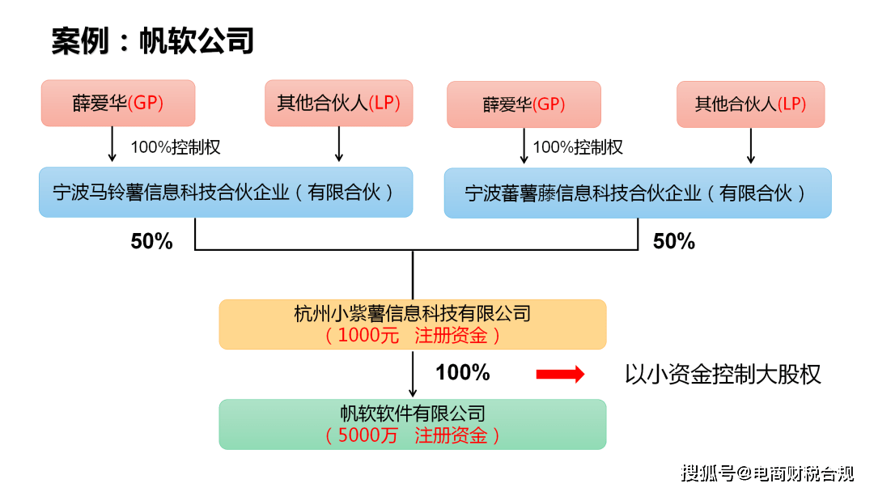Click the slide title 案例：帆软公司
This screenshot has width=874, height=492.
click(152, 40)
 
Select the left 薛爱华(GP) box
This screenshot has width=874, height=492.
click(118, 103)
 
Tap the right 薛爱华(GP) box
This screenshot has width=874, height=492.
click(524, 104)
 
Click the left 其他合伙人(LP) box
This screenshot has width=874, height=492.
click(338, 103)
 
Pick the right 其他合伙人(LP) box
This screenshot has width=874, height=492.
click(750, 104)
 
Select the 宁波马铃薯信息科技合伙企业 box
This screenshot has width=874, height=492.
click(225, 192)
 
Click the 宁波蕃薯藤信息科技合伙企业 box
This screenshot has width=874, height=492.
click(637, 193)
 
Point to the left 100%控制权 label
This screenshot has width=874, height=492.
click(176, 147)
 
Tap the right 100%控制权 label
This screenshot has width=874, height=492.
click(578, 147)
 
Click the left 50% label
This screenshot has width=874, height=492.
click(152, 241)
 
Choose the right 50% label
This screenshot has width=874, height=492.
click(673, 241)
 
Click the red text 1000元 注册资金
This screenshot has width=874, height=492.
click(412, 335)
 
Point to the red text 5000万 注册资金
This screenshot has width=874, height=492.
click(412, 435)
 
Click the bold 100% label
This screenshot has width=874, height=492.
click(462, 372)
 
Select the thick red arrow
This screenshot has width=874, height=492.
click(560, 374)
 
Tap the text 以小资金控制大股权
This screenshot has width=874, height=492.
click(723, 374)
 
